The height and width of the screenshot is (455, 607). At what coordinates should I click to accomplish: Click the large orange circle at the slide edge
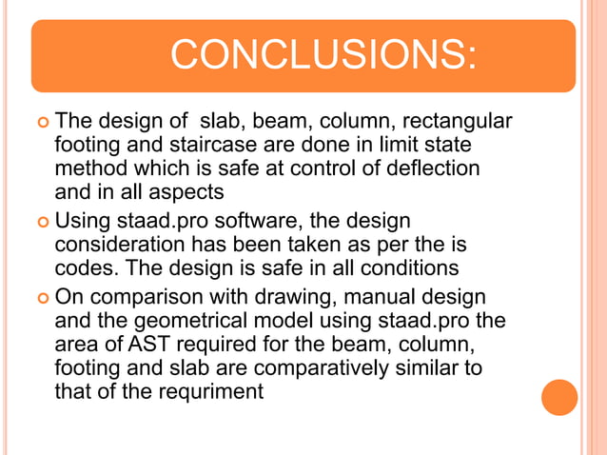(559, 398)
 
